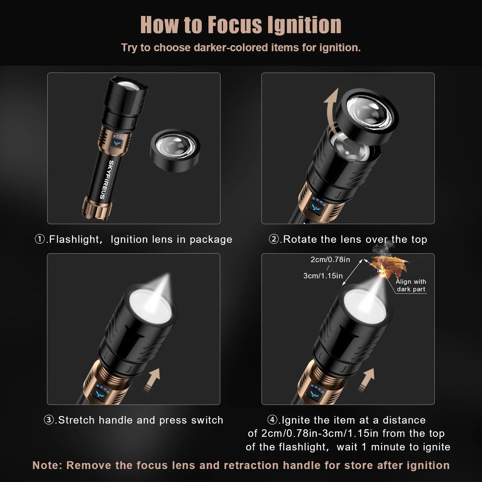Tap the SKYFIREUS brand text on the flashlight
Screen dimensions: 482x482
pyautogui.click(x=106, y=179)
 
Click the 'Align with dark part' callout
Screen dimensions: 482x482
pyautogui.click(x=411, y=286)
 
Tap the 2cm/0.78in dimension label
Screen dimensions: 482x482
pyautogui.click(x=330, y=260)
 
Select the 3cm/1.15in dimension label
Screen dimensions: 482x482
pyautogui.click(x=323, y=276)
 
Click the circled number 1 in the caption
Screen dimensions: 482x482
pyautogui.click(x=40, y=239)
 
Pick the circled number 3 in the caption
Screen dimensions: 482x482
pyautogui.click(x=49, y=420)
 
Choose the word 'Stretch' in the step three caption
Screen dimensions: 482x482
pyautogui.click(x=77, y=420)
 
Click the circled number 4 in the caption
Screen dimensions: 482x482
pyautogui.click(x=273, y=420)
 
